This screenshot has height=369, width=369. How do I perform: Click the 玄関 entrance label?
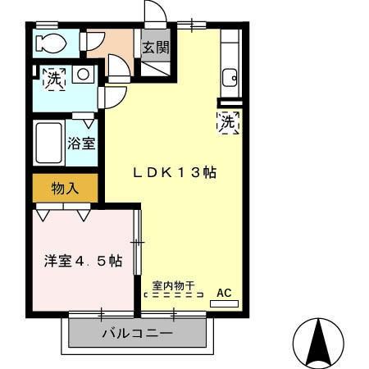pos(156,48)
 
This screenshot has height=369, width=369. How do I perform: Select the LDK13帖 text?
pos(175,173)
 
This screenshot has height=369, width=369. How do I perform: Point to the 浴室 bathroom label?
pos(81,142)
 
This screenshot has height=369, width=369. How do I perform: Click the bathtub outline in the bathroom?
pos(48,143)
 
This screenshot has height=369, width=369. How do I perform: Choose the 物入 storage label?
pos(65,189)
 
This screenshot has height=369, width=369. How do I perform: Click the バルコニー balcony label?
pos(137,335)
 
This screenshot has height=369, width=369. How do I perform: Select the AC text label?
pos(224,291)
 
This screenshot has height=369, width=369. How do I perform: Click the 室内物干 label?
pos(173,286)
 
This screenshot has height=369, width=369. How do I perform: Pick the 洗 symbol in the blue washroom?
pos(54,80)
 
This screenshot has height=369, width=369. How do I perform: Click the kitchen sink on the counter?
pos(229,79)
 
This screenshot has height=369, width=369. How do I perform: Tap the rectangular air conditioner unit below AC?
pos(224,303)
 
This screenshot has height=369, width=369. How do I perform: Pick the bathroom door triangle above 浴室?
pos(88,121)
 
